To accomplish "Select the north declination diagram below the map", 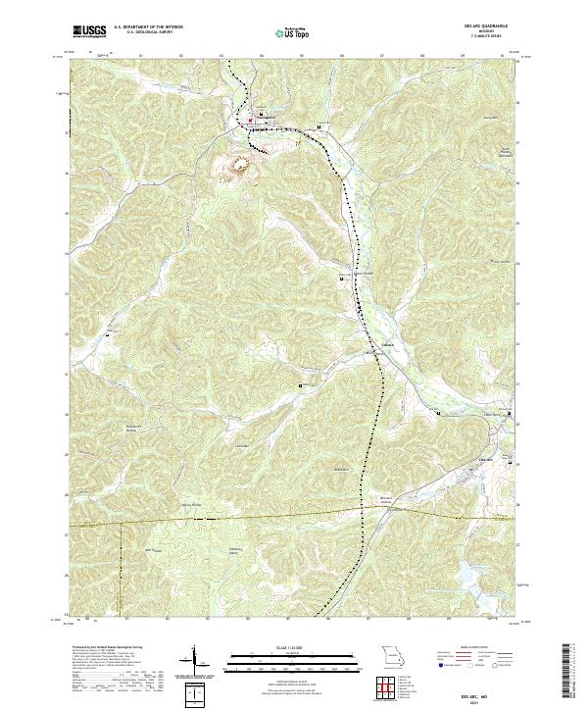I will coord(194,661).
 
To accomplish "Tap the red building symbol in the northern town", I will coord(250,122).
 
